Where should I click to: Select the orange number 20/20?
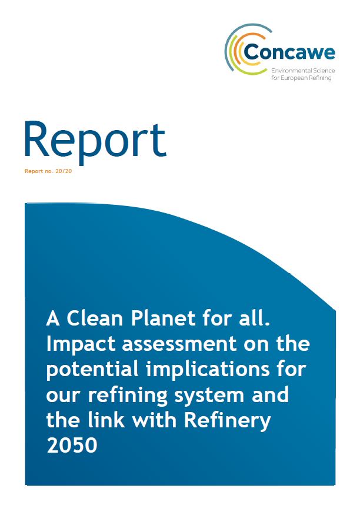[x=64, y=171]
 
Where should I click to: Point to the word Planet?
[x=163, y=318]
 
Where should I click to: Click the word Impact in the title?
[x=81, y=344]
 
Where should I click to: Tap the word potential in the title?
[x=92, y=370]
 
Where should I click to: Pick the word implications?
[x=208, y=370]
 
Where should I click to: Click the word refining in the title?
[x=127, y=395]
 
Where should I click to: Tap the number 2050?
[x=72, y=446]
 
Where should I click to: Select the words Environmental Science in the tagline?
[x=303, y=71]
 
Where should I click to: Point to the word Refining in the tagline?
[x=321, y=78]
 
